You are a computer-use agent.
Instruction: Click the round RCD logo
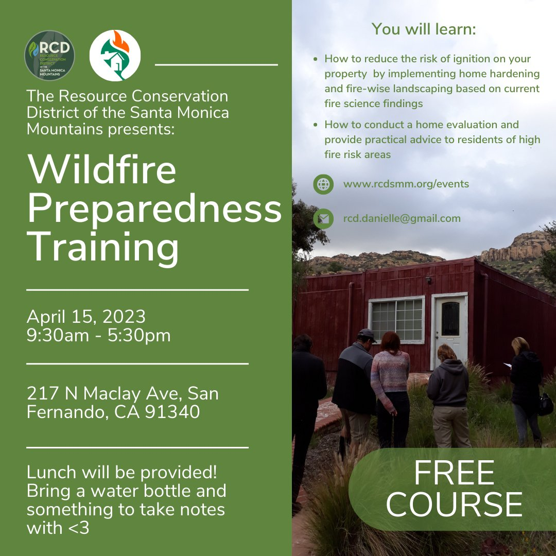click(49, 55)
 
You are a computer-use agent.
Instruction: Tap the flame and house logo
click(115, 55)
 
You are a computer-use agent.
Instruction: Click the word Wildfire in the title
click(102, 169)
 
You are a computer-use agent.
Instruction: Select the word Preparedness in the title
click(154, 208)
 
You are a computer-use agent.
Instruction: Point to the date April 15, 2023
click(86, 316)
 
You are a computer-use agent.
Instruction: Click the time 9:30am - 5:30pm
click(98, 335)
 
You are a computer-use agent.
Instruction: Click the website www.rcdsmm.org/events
click(406, 184)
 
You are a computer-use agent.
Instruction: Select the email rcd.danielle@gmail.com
click(402, 218)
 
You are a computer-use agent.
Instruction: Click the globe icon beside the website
click(323, 184)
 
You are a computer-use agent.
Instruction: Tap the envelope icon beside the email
click(323, 218)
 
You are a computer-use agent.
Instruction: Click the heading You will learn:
click(424, 29)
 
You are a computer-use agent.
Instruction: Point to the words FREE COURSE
click(454, 488)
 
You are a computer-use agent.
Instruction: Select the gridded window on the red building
click(396, 320)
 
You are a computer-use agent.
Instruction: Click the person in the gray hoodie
click(448, 396)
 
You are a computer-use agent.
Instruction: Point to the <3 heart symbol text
click(78, 528)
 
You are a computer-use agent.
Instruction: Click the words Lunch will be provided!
click(121, 472)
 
